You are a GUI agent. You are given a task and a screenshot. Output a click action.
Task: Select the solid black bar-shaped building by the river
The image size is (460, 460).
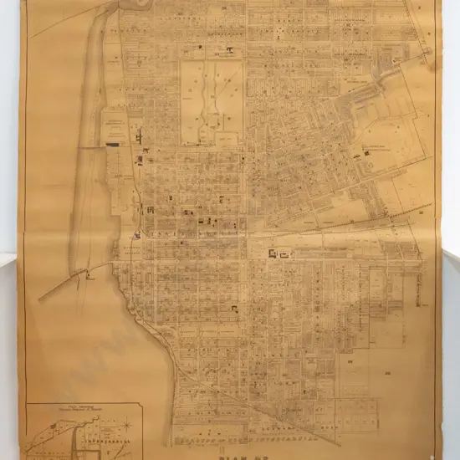coord(112,145)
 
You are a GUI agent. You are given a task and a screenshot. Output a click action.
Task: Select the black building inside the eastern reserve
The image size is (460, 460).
coord(361,154)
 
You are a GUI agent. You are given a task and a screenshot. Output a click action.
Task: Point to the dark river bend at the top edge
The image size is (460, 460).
coord(134,5)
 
